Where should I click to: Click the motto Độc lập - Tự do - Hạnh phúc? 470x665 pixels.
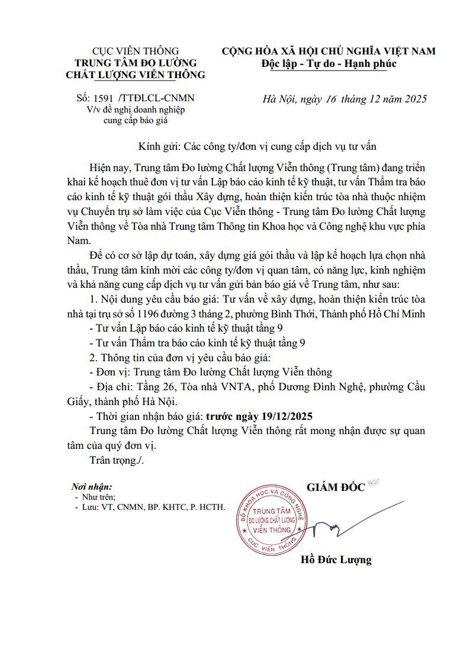coord(329,63)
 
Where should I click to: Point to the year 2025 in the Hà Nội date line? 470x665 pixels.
coord(414,98)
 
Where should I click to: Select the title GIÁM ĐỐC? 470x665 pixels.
coord(336,487)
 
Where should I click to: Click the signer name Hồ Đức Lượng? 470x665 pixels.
coord(336,560)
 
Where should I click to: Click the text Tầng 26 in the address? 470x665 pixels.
coord(153,387)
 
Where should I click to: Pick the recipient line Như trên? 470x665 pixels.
coord(99,497)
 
